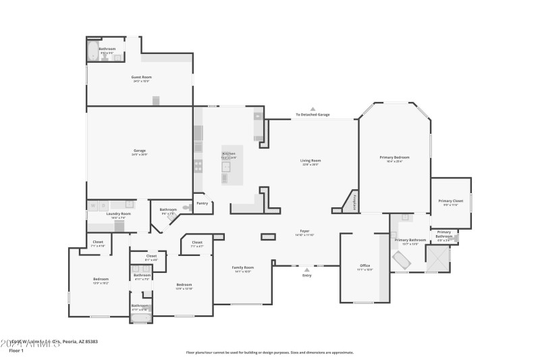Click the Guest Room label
tap(141, 78)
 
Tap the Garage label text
tap(140, 151)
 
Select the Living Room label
tap(310, 161)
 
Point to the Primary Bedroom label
tap(394, 157)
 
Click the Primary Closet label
tap(450, 201)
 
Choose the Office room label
tap(364, 265)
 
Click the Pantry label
tap(202, 203)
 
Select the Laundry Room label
tap(118, 214)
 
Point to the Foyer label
tap(304, 232)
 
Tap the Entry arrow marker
tap(307, 269)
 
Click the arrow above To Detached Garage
tap(313, 109)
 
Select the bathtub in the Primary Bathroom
tap(401, 259)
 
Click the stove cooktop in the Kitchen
tap(198, 164)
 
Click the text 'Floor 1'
tap(16, 351)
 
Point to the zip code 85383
tap(88, 342)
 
